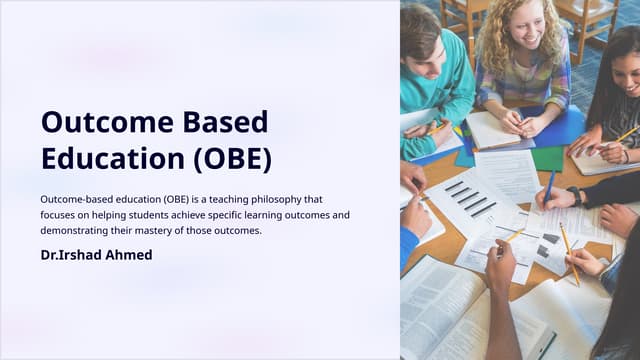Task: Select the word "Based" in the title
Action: pyautogui.click(x=230, y=122)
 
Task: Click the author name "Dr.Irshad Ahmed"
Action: pyautogui.click(x=96, y=255)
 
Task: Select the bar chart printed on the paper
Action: pyautogui.click(x=470, y=197)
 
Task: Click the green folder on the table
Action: pyautogui.click(x=546, y=158)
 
